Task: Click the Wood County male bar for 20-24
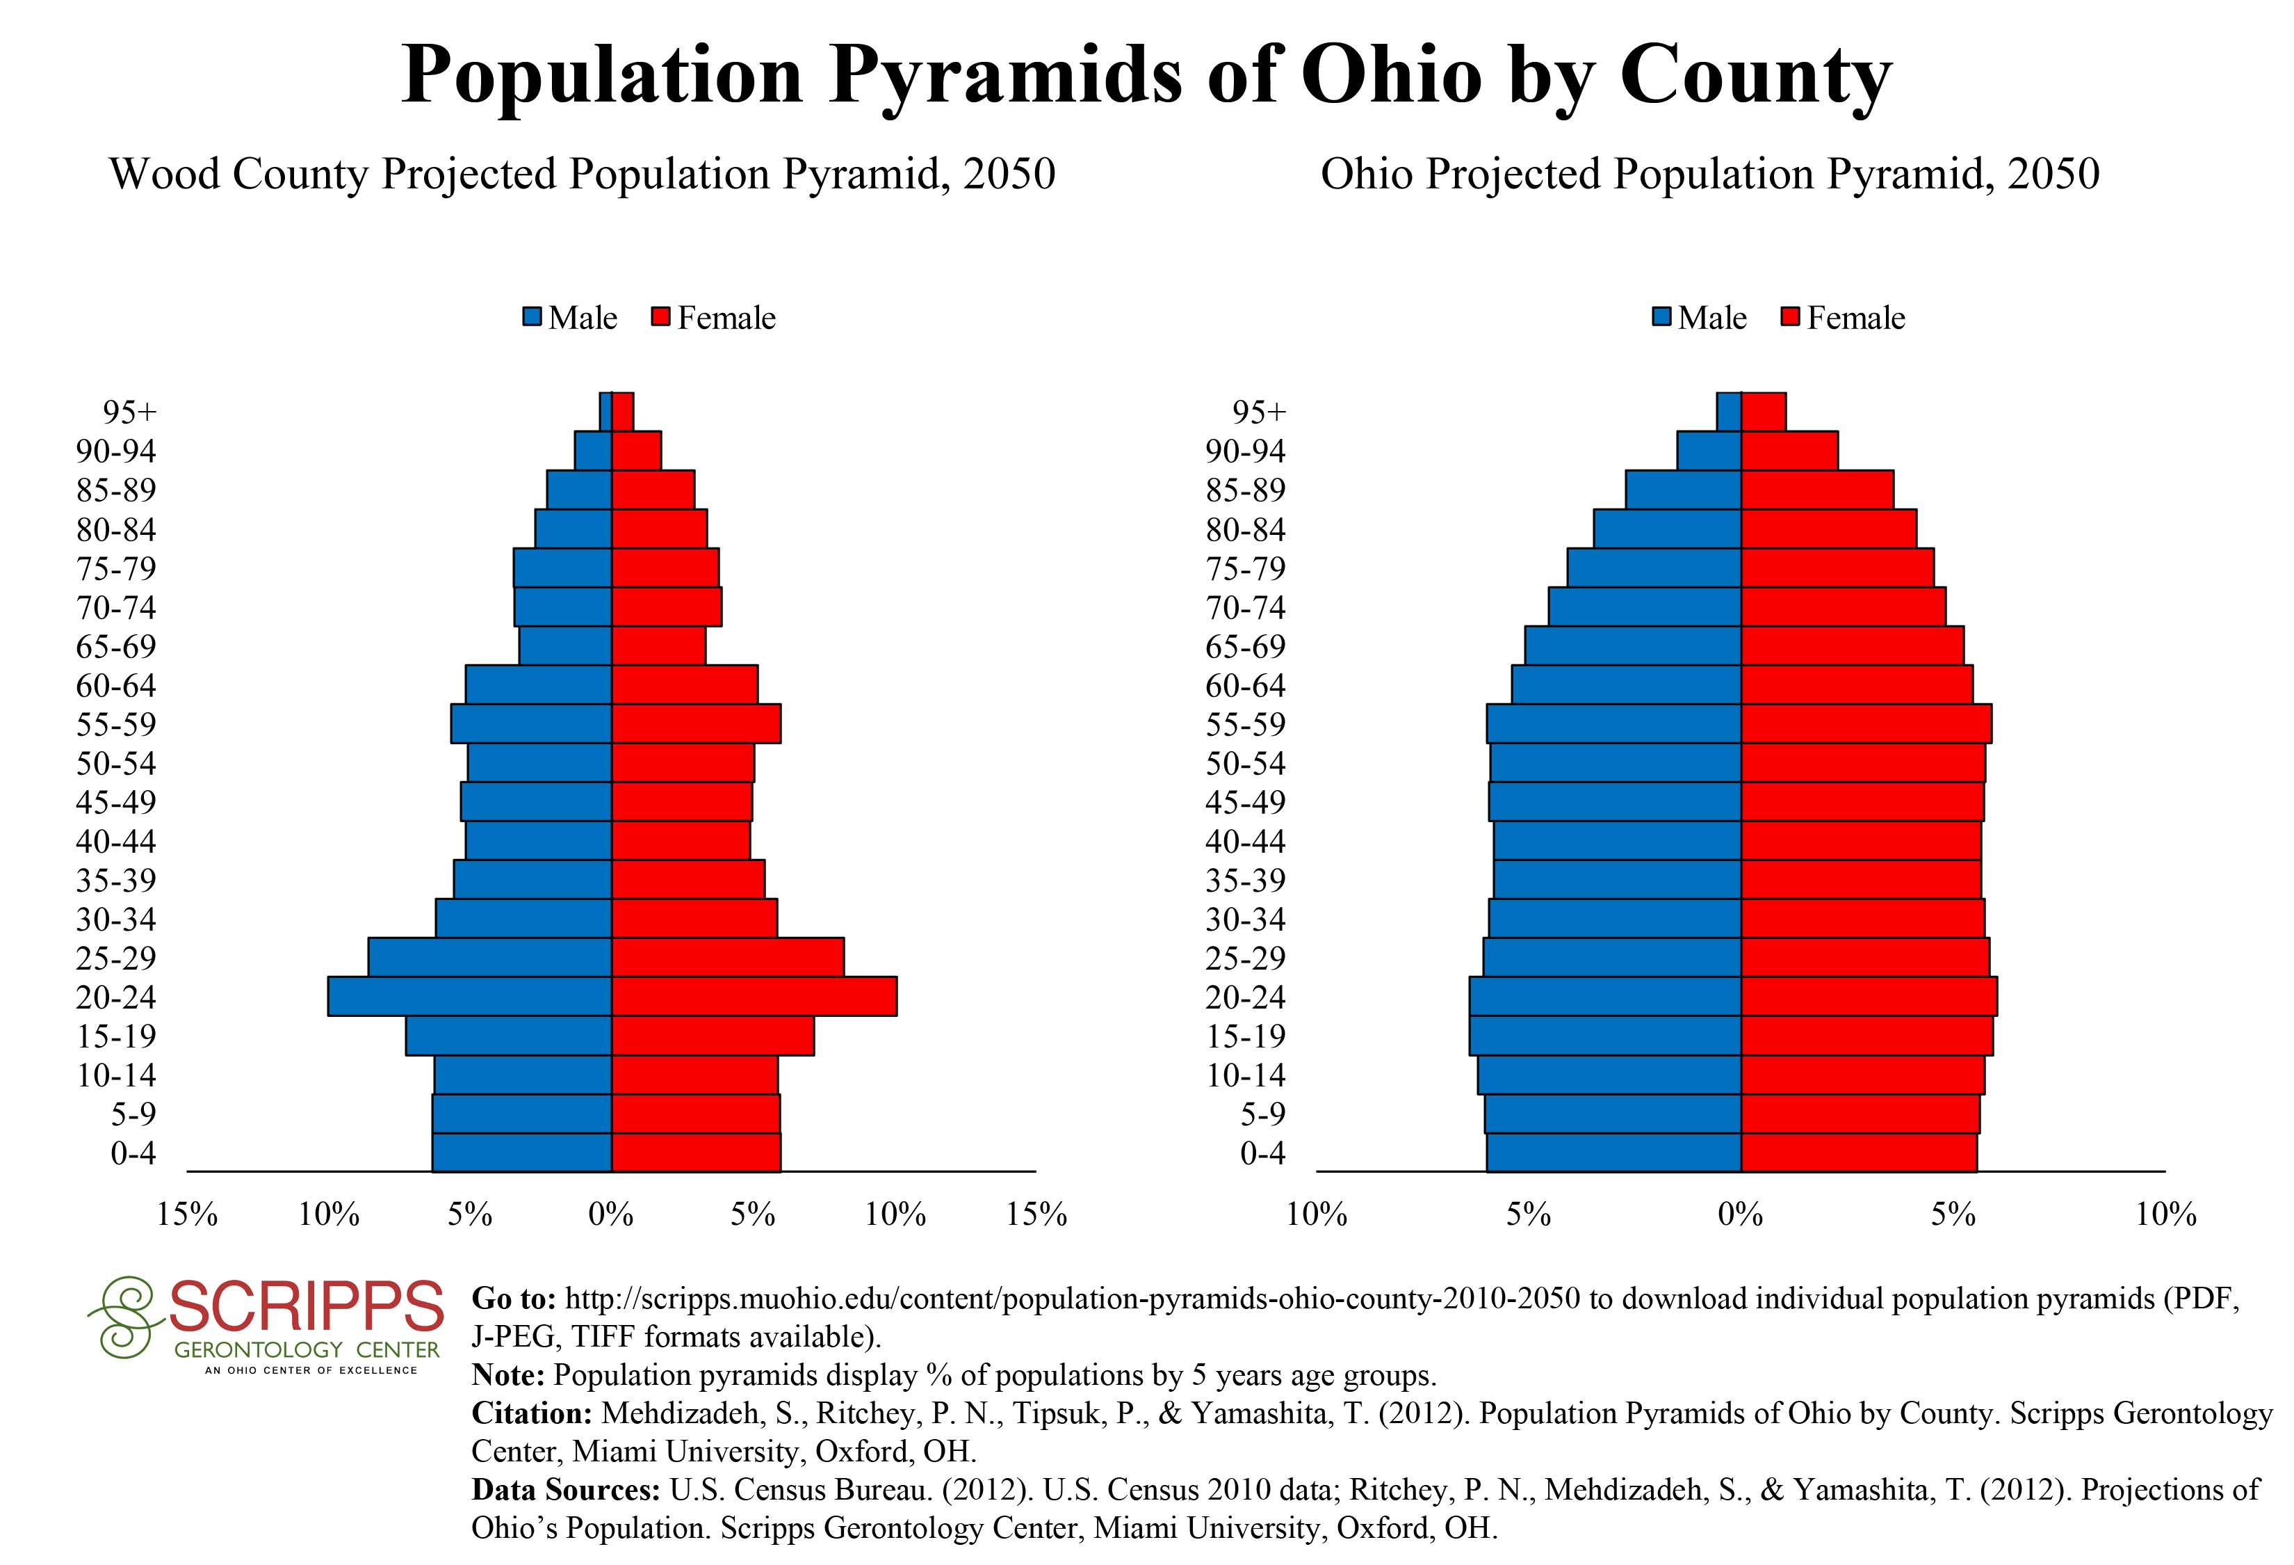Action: click(470, 996)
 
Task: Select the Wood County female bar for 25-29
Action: click(728, 957)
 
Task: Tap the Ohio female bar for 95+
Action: click(1763, 412)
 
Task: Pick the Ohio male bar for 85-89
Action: click(1683, 490)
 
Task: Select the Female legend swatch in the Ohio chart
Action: click(1791, 318)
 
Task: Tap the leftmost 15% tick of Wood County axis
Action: click(188, 1214)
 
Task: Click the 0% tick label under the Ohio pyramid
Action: click(1740, 1214)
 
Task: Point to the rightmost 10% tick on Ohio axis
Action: click(2165, 1214)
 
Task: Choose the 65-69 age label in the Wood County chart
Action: click(117, 647)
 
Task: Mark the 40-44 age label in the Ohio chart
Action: click(1246, 841)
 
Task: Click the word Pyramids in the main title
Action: click(1005, 75)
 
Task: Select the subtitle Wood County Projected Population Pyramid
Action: click(583, 174)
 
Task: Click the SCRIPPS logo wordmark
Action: click(306, 1307)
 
